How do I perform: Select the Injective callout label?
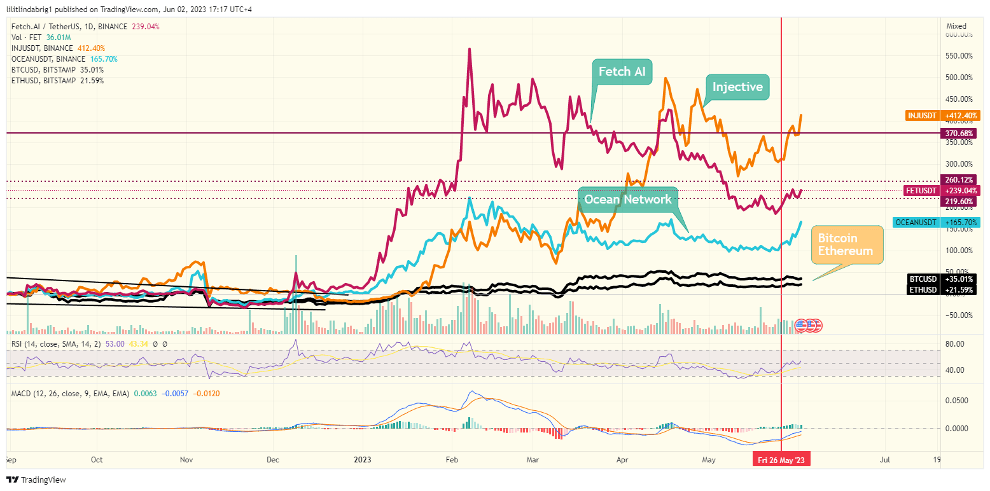click(737, 87)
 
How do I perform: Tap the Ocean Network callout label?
click(627, 200)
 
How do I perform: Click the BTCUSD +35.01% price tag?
click(940, 279)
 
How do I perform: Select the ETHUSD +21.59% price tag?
click(940, 290)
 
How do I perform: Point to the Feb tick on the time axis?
click(452, 459)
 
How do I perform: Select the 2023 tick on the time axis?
click(363, 459)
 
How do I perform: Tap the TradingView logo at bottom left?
click(36, 480)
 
